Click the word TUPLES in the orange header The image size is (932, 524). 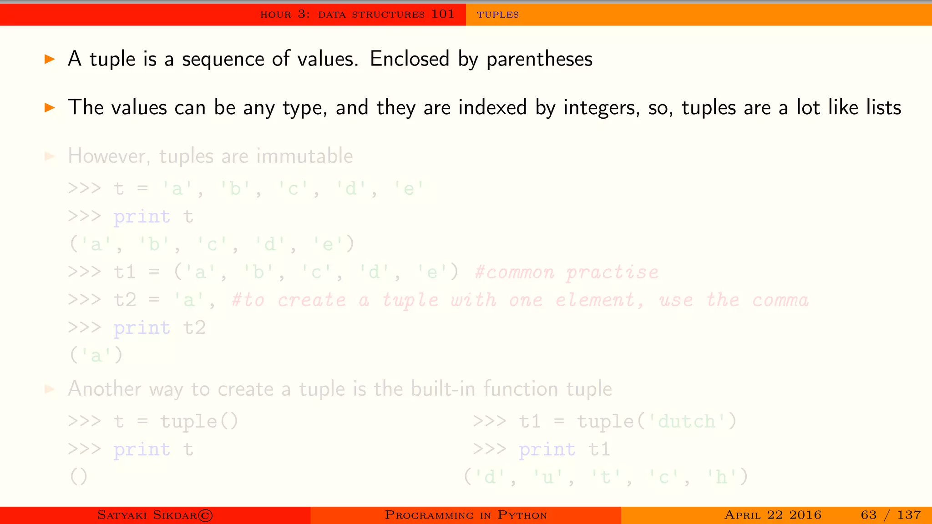tap(497, 15)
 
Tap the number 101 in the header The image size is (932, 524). tap(443, 14)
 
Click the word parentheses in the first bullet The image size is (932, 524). tap(539, 59)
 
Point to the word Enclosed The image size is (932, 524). tap(409, 59)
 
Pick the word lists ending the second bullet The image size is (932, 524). tap(883, 107)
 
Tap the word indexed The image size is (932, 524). tap(492, 107)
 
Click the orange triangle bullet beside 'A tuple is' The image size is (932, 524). tap(50, 59)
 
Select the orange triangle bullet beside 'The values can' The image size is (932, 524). tap(50, 108)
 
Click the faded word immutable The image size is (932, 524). tap(304, 156)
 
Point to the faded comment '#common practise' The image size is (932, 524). tap(566, 272)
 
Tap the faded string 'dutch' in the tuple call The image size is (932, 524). tap(686, 422)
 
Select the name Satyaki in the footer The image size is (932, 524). tap(122, 515)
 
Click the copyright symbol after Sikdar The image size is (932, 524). tap(205, 515)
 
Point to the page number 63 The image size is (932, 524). tap(868, 515)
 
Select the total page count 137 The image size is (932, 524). tap(909, 515)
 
